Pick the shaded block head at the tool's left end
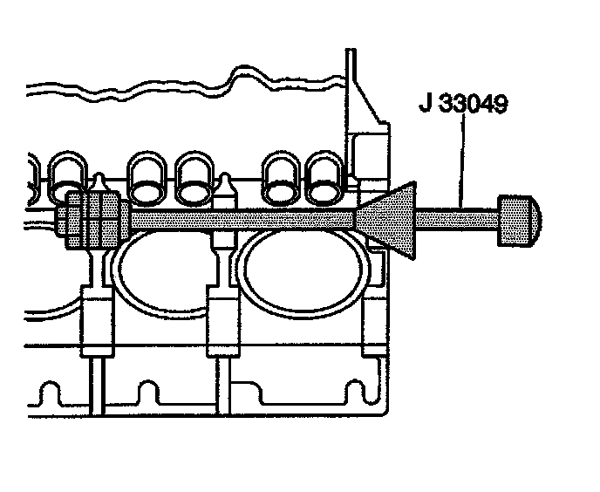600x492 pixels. [91, 217]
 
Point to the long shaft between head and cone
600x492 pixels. [244, 215]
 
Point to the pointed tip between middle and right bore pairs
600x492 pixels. [228, 185]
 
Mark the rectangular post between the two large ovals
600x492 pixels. [222, 323]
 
